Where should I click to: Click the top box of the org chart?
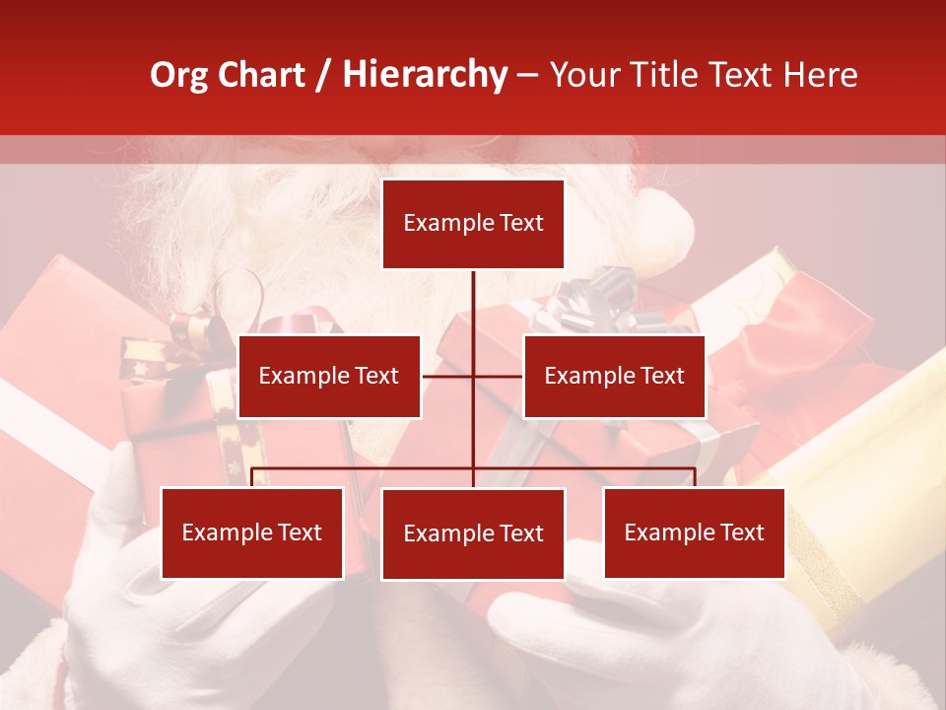coord(473,224)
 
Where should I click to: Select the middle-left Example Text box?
coord(329,376)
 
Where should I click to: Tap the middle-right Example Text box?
coord(614,376)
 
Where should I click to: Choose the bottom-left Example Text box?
coord(252,532)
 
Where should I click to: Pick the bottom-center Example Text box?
coord(473,533)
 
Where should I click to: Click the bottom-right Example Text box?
coord(694,532)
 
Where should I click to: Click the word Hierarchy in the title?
coord(424,75)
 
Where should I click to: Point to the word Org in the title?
coord(178,75)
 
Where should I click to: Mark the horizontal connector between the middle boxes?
coord(472,376)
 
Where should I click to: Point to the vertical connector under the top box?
coord(473,306)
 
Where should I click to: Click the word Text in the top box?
coord(521,223)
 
